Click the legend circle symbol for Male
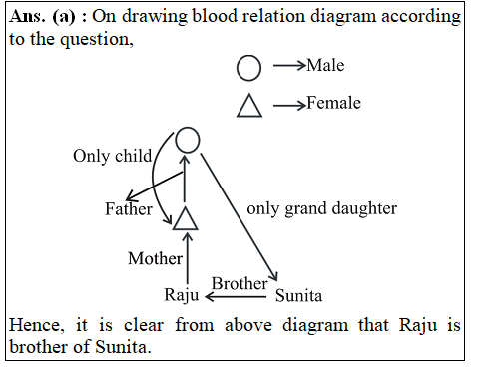point(248,67)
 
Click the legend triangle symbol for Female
point(248,105)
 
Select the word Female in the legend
point(333,103)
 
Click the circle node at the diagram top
point(187,141)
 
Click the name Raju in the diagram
point(183,294)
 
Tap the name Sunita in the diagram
point(299,295)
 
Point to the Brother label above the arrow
point(239,283)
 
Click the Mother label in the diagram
point(155,258)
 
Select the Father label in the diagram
point(129,209)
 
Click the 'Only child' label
point(112,156)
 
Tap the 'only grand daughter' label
point(321,208)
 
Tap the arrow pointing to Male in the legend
point(288,67)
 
